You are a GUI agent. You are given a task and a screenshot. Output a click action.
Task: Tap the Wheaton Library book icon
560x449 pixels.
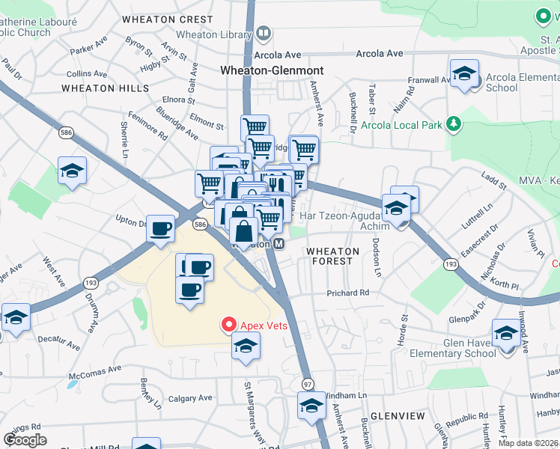click(x=263, y=34)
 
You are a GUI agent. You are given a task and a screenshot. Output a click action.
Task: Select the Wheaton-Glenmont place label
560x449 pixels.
click(x=272, y=70)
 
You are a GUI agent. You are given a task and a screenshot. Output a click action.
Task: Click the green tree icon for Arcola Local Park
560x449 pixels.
click(x=453, y=123)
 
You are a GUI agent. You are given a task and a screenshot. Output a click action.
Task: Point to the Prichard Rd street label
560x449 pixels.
click(x=348, y=293)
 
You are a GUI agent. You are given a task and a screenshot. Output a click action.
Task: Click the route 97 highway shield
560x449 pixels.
click(x=308, y=384)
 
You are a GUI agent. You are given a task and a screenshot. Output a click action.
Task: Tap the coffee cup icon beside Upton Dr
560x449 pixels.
click(x=161, y=228)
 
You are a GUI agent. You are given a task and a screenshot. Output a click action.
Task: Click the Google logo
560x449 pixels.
click(x=25, y=439)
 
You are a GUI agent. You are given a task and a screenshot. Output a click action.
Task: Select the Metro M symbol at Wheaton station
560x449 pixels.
click(x=279, y=245)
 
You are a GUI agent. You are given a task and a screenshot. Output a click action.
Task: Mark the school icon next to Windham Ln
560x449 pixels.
click(x=311, y=406)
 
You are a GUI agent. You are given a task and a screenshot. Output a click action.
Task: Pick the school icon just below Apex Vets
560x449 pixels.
click(x=244, y=346)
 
